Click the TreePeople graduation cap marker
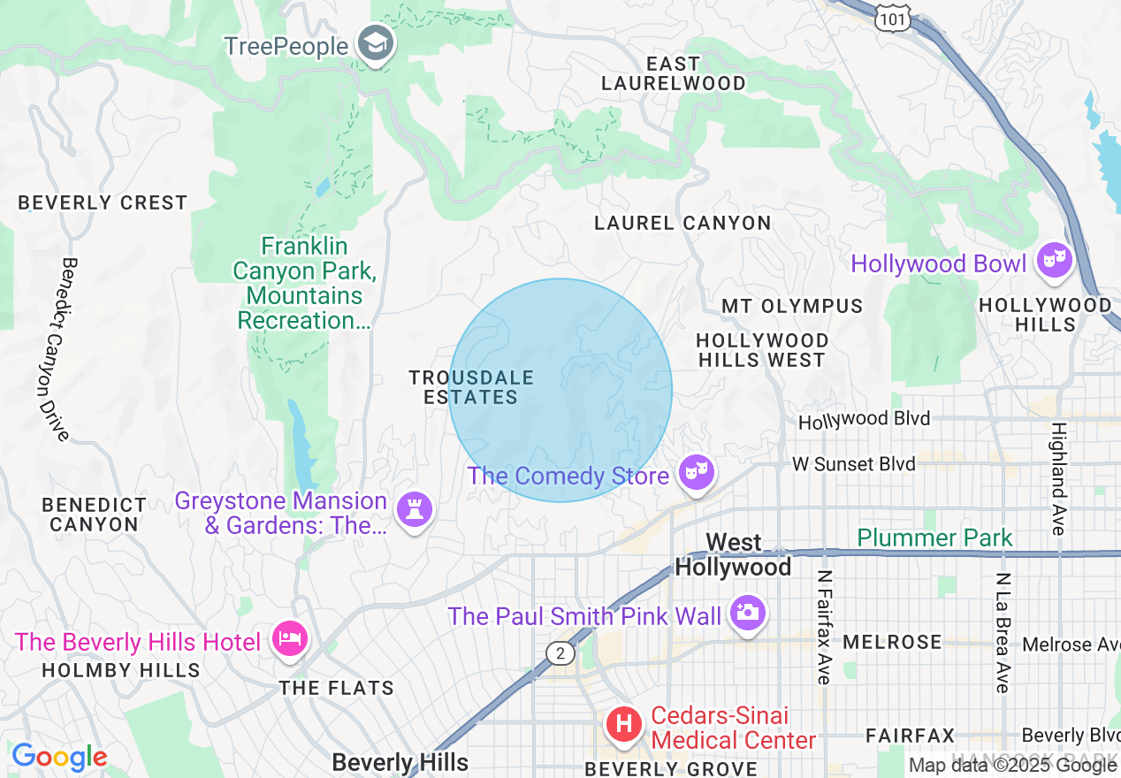376,43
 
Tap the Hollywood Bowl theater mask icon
1055,261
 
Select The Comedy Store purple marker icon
696,473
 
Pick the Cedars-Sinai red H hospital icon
623,725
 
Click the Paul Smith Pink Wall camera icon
747,613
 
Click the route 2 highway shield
559,653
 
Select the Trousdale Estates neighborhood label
471,387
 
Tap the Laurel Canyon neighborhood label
683,223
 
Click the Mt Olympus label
792,306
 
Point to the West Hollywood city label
733,554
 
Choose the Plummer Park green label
934,538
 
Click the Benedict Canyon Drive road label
53,349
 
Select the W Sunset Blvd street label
841,464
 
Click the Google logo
59,758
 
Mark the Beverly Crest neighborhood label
103,202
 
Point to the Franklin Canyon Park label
304,283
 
